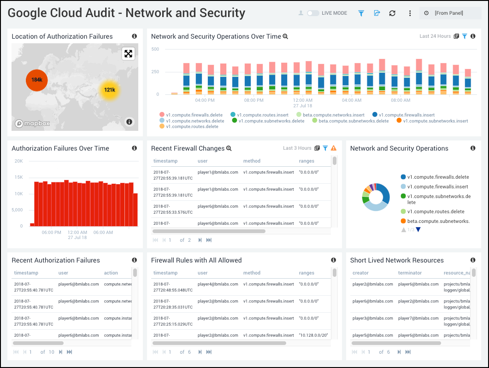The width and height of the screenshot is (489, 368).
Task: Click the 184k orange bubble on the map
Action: click(37, 80)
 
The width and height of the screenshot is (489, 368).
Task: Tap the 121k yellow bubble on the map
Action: click(109, 90)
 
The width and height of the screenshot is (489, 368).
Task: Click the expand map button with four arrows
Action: click(128, 54)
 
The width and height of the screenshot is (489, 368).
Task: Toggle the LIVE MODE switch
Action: click(313, 13)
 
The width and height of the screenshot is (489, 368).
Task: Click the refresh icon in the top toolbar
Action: click(392, 13)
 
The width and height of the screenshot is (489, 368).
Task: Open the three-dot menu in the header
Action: click(410, 13)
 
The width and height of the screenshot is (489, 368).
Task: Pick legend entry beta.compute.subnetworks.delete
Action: click(353, 121)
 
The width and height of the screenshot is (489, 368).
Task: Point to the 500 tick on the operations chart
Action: click(155, 49)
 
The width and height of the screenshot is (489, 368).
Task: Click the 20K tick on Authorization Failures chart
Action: click(18, 161)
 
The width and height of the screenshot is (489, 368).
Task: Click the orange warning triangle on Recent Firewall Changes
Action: click(334, 148)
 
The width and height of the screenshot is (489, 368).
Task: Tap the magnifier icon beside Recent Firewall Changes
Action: click(229, 148)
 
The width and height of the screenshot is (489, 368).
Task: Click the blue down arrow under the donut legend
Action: click(418, 229)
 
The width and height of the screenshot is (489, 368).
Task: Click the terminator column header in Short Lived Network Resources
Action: click(409, 273)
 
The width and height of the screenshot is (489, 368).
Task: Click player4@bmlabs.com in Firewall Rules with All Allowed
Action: click(218, 284)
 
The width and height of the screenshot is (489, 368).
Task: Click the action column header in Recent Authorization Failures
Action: click(111, 273)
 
